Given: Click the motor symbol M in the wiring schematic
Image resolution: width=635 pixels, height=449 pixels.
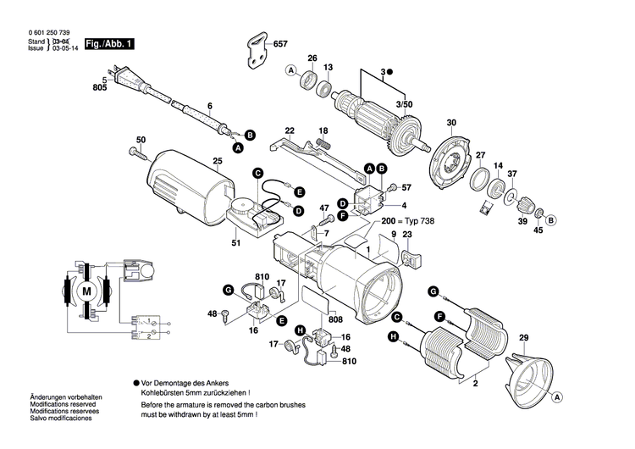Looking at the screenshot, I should coord(86,290).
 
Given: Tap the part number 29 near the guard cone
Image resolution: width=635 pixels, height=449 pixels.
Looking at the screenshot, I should coord(522,338).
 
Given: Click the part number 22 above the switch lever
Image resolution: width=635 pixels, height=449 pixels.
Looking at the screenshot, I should coord(290,130).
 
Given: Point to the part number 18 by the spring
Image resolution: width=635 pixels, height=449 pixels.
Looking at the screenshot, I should coord(322,130).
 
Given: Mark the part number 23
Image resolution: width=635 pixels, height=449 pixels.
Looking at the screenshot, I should coord(407,234).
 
